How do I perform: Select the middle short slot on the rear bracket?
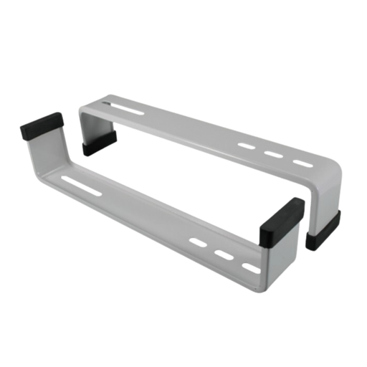273,154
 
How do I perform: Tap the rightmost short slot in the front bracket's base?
252,267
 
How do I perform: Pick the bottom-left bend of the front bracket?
39,174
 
